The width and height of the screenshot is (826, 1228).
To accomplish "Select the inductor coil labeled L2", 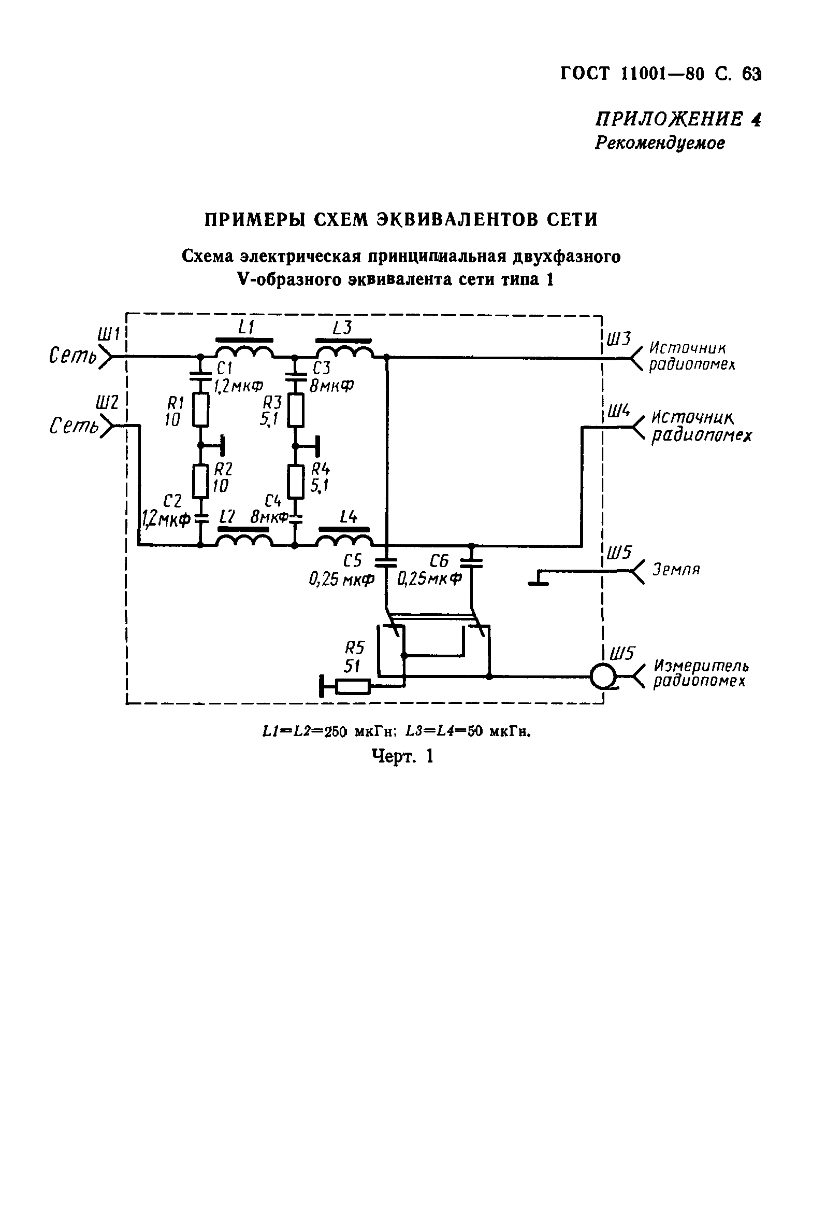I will [x=244, y=540].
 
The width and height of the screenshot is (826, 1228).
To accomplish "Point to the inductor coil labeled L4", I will [x=344, y=540].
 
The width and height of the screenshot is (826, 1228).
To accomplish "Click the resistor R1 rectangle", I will [x=200, y=410].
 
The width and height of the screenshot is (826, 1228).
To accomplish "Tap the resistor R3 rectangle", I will [x=296, y=410].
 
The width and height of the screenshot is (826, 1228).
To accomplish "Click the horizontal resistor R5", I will [x=353, y=687].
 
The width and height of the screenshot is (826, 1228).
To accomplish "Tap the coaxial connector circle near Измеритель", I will [x=603, y=676].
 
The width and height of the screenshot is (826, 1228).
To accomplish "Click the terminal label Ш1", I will [x=109, y=334].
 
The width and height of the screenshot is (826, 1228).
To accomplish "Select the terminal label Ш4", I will [x=618, y=411].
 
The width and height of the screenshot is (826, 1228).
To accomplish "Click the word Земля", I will [x=676, y=570].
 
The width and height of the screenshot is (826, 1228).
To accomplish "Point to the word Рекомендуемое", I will [x=660, y=143].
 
